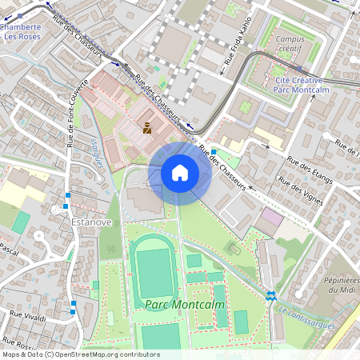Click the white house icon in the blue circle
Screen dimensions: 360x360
(180, 172)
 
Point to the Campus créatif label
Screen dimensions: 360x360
(294, 43)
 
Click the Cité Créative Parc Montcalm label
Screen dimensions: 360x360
(298, 86)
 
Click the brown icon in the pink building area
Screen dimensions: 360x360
(146, 126)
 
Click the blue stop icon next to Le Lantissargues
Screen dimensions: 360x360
(270, 295)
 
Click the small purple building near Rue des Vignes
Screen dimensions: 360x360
(273, 217)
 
